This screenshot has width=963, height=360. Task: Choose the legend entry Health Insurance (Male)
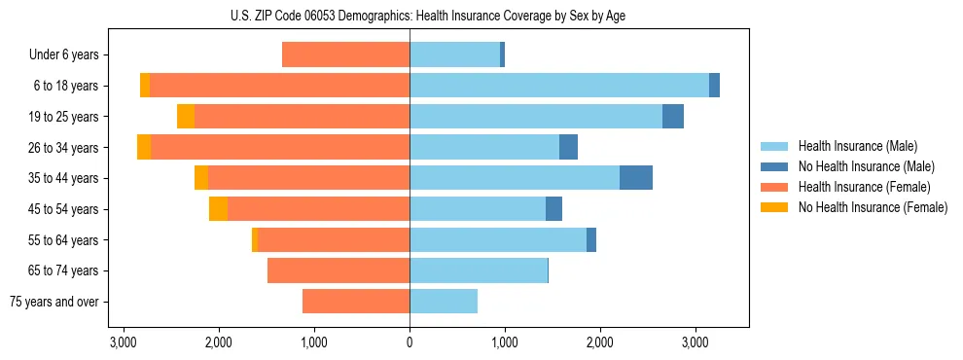point(858,146)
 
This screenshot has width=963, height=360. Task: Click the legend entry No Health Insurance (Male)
point(866,166)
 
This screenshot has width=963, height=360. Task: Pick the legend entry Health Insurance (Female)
point(864,187)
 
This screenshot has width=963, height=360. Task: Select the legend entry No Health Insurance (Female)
point(873,207)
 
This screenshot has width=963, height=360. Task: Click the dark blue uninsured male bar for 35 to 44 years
point(636,178)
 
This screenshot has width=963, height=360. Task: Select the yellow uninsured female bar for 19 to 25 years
point(186,117)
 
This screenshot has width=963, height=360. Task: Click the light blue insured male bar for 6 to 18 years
point(559,86)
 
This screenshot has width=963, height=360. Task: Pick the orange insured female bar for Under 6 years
point(345,55)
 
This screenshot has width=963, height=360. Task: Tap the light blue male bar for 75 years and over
point(444,302)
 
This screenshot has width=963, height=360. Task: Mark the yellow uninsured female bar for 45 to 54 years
point(218,209)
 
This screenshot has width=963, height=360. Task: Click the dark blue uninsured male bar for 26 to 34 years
point(568,148)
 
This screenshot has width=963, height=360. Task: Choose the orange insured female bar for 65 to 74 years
point(339,270)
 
